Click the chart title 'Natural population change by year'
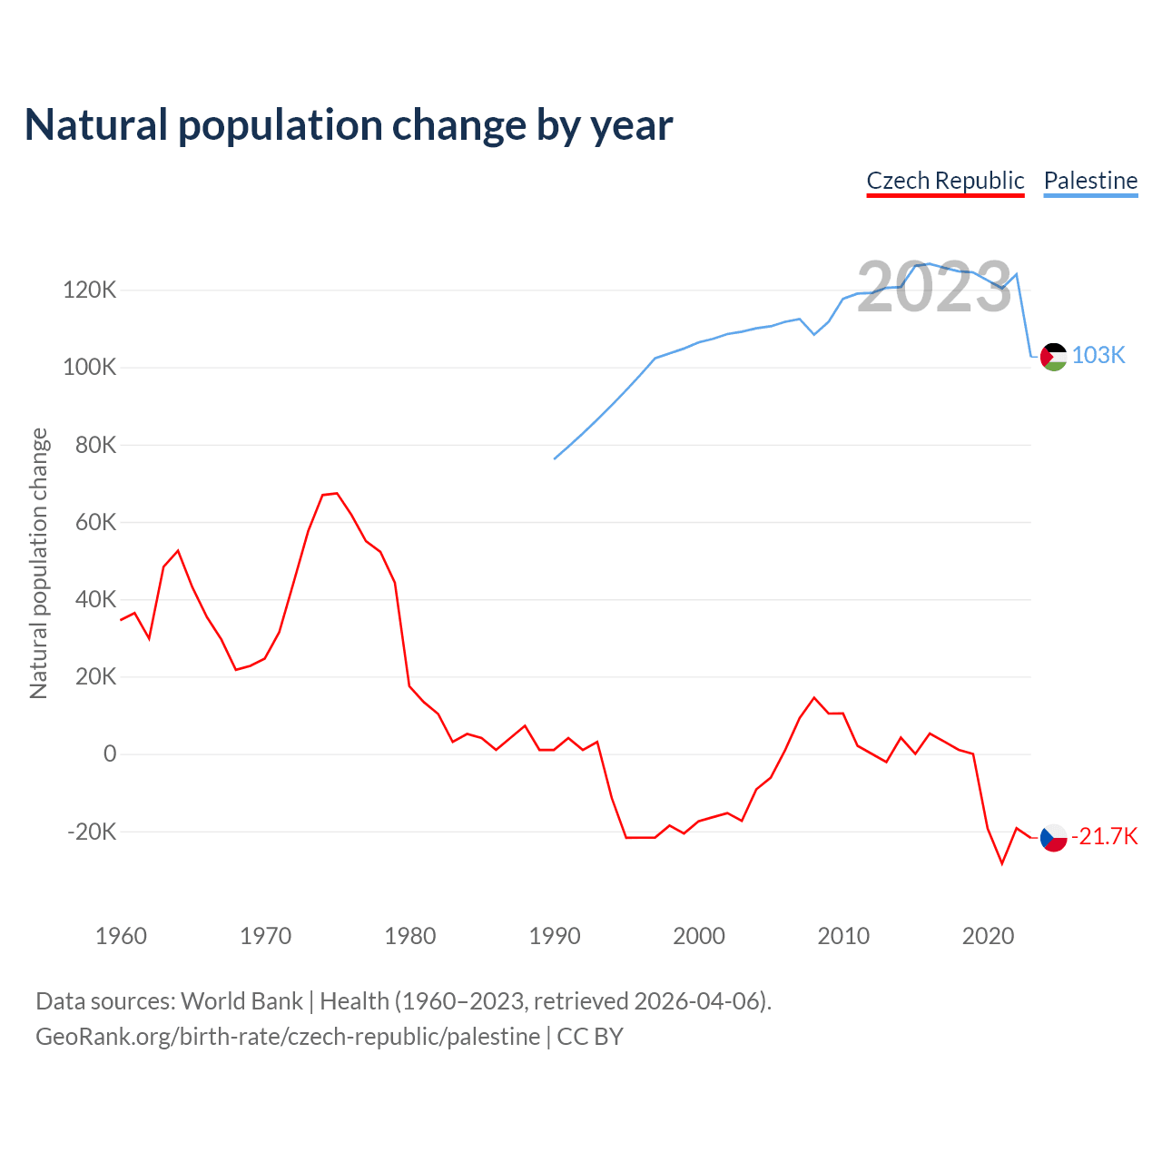(x=349, y=125)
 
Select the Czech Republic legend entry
(x=945, y=181)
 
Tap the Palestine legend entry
(x=1090, y=181)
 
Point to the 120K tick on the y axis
(x=90, y=290)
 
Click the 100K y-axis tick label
(x=90, y=368)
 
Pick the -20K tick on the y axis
(x=92, y=832)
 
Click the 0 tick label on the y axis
(x=110, y=753)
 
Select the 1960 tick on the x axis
(x=121, y=936)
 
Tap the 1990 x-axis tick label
(x=555, y=936)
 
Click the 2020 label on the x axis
(x=988, y=936)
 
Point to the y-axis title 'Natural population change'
(x=39, y=563)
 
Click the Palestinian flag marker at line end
(x=1053, y=357)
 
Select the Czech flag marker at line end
(x=1053, y=838)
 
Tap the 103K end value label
(x=1098, y=355)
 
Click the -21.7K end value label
(x=1105, y=836)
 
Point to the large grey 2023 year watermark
(x=934, y=287)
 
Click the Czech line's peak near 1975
(x=337, y=493)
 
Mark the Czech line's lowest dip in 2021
(x=1002, y=863)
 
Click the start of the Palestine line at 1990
(x=555, y=458)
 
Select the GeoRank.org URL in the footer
(x=288, y=1037)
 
